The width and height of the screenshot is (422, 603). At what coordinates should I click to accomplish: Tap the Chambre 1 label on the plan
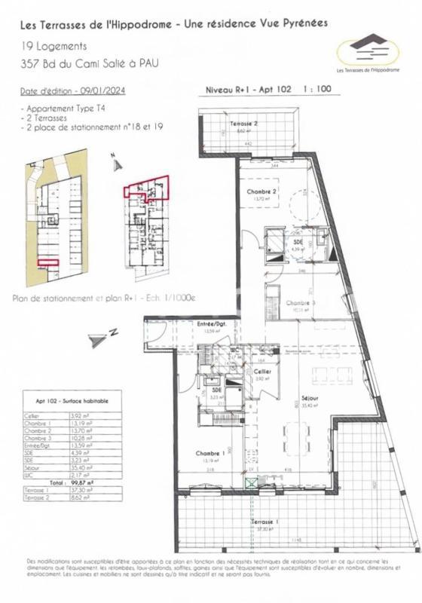[208, 454]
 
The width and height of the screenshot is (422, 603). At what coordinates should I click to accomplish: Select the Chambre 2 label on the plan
[262, 192]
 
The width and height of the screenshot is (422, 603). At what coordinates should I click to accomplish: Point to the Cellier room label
[263, 372]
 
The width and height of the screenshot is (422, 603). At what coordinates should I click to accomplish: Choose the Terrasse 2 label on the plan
[244, 122]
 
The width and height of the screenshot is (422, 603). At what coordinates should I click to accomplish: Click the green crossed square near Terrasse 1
[249, 483]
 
